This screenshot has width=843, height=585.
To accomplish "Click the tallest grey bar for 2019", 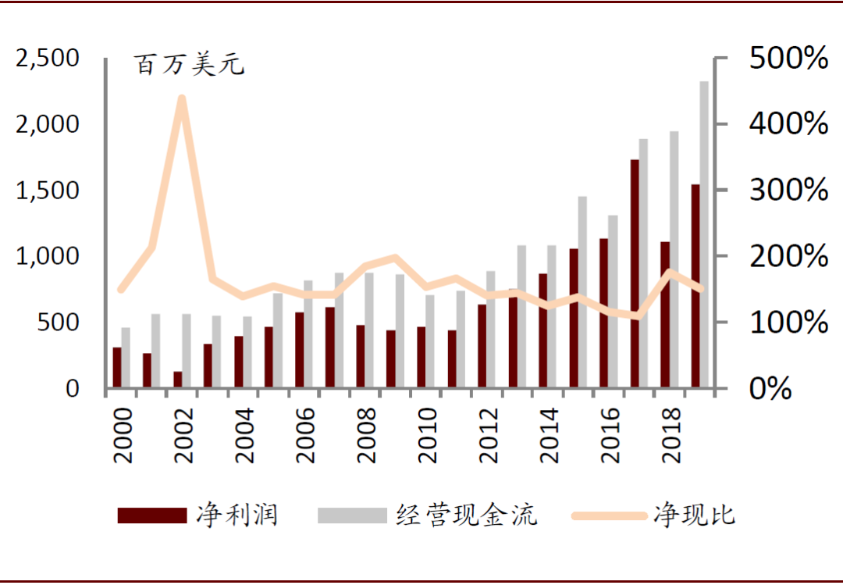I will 704,234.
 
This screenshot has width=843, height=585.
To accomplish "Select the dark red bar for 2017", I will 635,273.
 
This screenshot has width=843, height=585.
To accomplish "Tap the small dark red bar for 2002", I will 177,380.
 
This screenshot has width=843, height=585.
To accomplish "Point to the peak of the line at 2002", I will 182,98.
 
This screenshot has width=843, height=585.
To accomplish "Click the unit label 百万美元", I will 190,65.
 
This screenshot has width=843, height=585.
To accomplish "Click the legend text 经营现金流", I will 467,515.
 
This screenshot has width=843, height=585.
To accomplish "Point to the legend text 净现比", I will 694,515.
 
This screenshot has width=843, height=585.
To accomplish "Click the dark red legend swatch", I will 152,515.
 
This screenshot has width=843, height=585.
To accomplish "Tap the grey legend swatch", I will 352,515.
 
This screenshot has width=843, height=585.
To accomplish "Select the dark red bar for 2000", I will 117,368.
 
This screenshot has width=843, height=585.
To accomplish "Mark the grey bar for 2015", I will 582,292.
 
